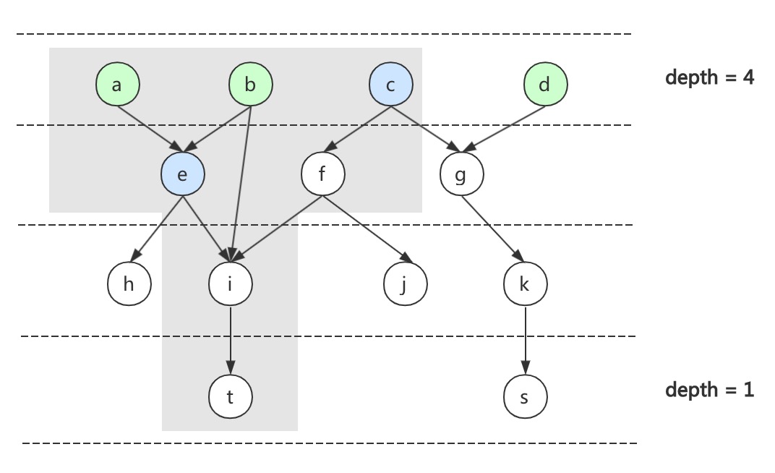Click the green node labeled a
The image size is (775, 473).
point(117,85)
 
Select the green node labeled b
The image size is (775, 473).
point(251,85)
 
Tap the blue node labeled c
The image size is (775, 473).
point(390,85)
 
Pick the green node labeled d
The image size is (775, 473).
point(545,85)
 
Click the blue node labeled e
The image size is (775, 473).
point(182,174)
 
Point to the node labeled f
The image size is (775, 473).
point(322,174)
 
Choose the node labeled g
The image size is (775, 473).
point(461,174)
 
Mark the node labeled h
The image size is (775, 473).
point(129,284)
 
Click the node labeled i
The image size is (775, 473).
point(230,284)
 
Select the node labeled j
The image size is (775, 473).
point(405,284)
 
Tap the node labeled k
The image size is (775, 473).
point(525,284)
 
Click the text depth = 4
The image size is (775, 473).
point(709,77)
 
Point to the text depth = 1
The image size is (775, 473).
point(709,390)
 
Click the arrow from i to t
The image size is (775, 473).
point(230,339)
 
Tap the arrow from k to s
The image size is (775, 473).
point(525,339)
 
